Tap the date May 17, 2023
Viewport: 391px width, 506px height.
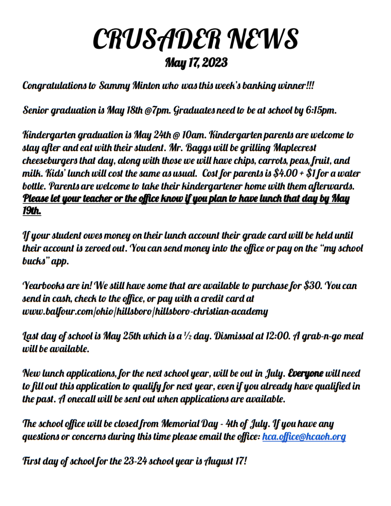tap(196, 62)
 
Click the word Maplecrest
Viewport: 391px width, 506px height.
tap(295, 148)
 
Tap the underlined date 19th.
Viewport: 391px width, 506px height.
tap(32, 211)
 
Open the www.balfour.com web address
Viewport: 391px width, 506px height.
tap(145, 312)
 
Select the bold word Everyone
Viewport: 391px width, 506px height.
tap(305, 373)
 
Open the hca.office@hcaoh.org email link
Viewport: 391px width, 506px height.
tap(304, 437)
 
